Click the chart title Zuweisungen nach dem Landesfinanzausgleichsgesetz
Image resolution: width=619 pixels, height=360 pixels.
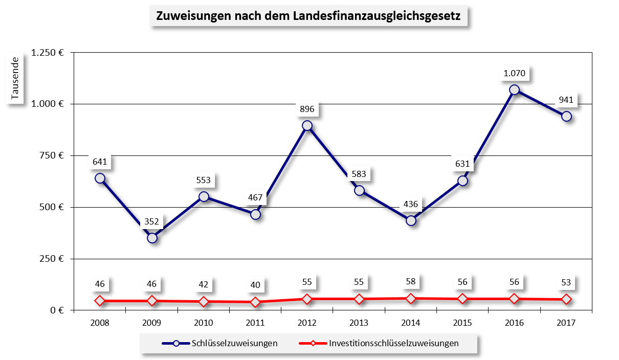(308, 16)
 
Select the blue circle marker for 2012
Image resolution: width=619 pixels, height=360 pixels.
(307, 125)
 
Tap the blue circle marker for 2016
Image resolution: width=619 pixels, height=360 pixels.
(514, 89)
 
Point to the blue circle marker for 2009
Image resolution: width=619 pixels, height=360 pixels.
(152, 238)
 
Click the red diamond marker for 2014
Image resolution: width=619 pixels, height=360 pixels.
(411, 298)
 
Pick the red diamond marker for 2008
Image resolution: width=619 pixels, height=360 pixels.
(100, 301)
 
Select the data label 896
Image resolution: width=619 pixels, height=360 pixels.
(307, 108)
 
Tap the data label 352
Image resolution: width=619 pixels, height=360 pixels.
(152, 221)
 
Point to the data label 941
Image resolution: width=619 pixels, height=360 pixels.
(566, 99)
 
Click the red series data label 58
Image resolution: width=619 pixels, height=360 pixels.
(411, 281)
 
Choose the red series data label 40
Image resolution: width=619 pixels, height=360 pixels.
(255, 284)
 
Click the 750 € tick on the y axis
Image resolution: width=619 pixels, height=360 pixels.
(51, 155)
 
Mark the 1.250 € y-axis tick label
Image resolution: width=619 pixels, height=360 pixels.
(47, 52)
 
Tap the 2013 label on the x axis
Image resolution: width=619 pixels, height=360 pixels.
(359, 323)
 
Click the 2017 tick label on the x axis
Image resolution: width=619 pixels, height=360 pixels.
(566, 323)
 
